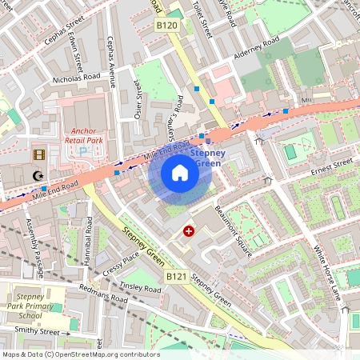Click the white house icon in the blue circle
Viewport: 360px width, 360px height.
pos(180,173)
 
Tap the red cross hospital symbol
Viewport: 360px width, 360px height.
pos(189,231)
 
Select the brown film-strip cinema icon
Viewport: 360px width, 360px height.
pos(39,154)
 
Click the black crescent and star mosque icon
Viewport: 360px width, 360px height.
pos(37,175)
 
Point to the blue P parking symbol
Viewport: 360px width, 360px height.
pos(82,150)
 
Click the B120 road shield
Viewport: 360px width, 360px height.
pos(166,27)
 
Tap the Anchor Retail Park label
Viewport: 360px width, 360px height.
pos(83,133)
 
